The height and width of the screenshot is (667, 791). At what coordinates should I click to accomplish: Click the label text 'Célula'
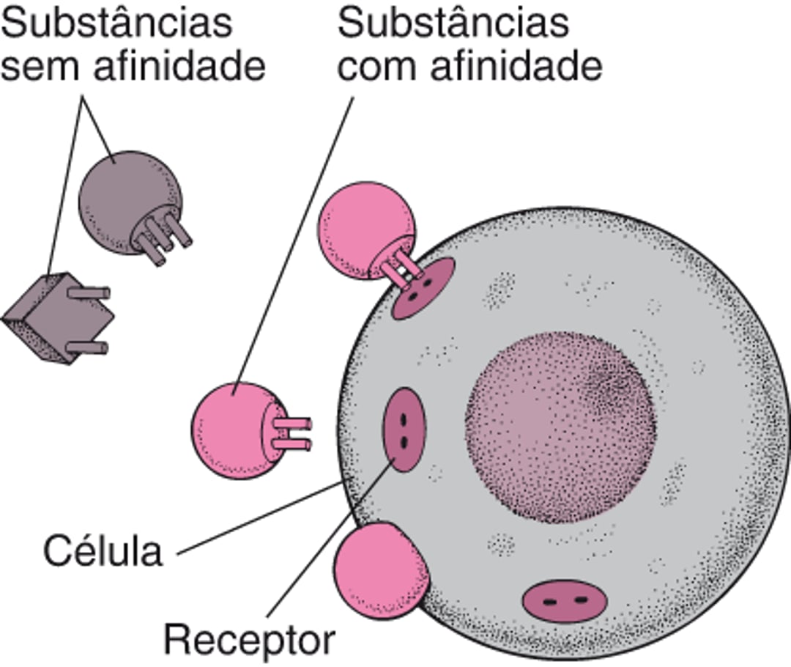pos(102,551)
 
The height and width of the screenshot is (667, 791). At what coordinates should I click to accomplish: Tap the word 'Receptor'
pos(248,640)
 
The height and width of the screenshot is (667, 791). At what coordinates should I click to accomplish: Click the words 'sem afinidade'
pos(133,67)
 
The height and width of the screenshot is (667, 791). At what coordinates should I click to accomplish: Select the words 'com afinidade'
pos(469,67)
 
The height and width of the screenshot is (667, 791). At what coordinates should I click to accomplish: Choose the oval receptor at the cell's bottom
pos(565,601)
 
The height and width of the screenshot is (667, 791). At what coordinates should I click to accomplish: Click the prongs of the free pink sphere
pos(293,433)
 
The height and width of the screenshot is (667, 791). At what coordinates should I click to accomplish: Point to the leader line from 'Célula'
pos(256,517)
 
